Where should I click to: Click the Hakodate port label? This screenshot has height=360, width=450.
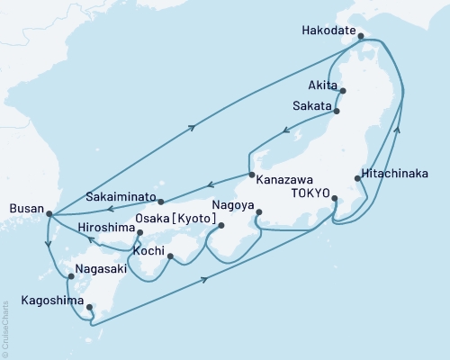point(328,28)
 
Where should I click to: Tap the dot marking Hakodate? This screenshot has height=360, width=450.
point(361,37)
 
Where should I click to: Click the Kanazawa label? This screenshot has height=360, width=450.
point(285,179)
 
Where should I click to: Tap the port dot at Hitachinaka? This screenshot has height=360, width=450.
point(358,179)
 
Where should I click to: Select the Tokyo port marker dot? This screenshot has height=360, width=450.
point(334,198)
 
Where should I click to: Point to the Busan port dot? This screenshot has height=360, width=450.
point(48,214)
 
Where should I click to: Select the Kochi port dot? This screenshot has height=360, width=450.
point(170,258)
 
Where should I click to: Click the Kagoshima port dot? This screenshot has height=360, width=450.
point(89,308)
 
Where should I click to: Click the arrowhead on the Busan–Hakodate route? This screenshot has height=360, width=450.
point(193,130)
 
